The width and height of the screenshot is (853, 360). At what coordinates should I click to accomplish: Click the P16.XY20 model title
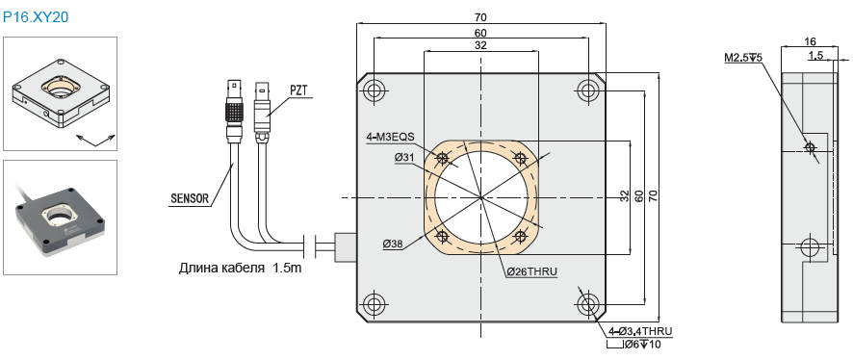[x=36, y=17]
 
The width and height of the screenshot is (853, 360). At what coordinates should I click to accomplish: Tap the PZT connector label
[x=298, y=90]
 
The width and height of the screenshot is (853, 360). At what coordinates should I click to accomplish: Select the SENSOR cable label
[x=190, y=198]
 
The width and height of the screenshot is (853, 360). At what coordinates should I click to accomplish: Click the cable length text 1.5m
[x=287, y=268]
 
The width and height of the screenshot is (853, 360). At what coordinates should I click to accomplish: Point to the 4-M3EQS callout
[x=391, y=138]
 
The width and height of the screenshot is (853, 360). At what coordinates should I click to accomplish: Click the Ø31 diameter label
[x=406, y=157]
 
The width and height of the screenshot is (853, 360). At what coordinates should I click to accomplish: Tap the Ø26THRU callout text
[x=531, y=271]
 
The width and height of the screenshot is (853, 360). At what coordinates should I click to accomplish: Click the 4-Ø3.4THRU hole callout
[x=639, y=331]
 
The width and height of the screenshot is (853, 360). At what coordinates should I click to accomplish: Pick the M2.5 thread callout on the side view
[x=743, y=57]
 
